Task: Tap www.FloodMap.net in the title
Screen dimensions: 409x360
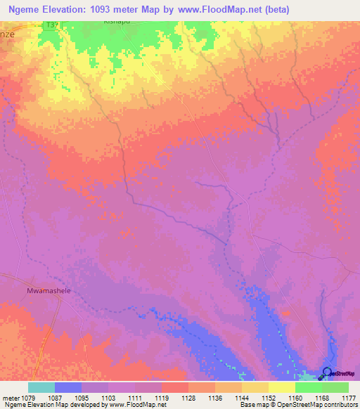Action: (x=219, y=8)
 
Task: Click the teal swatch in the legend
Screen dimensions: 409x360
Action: (x=41, y=387)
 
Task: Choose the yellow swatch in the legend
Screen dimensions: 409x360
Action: (x=281, y=387)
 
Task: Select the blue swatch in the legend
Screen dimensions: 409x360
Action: (x=67, y=387)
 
